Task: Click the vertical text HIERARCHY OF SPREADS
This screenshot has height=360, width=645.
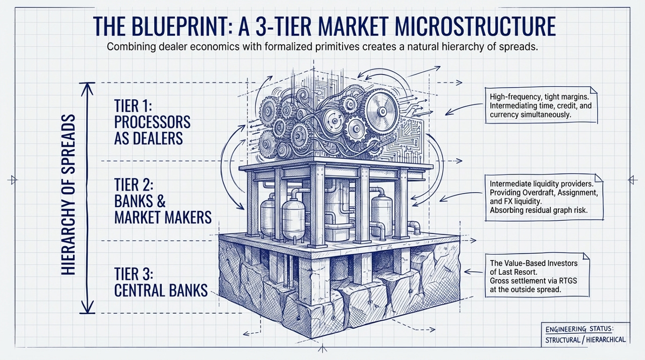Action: (x=69, y=194)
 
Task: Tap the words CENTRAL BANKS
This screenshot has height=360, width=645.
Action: (x=161, y=290)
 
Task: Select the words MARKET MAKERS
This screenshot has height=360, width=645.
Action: (x=163, y=217)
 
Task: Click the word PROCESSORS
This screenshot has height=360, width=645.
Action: (x=152, y=122)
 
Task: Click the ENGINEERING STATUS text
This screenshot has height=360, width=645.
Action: (x=579, y=329)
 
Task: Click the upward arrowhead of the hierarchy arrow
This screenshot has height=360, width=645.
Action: (x=88, y=87)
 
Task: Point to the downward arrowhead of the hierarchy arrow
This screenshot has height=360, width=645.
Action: (x=88, y=309)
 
